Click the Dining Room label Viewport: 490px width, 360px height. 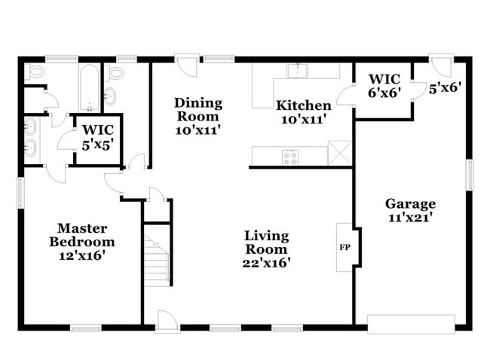coord(198,116)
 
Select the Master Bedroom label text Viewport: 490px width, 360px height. coord(82,241)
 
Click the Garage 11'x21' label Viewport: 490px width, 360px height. coord(411,210)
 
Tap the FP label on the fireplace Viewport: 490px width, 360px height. coord(345,247)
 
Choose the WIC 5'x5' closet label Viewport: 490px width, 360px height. coord(98,135)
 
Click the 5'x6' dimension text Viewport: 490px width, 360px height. coord(444,87)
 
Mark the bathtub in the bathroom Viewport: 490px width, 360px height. coord(88,87)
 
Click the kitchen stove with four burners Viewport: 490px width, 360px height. coord(291,157)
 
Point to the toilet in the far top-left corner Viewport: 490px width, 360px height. coord(34,73)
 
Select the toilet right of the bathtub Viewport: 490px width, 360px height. coord(115,72)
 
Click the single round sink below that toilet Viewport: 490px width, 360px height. coord(110,96)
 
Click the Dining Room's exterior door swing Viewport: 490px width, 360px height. coord(186,66)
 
